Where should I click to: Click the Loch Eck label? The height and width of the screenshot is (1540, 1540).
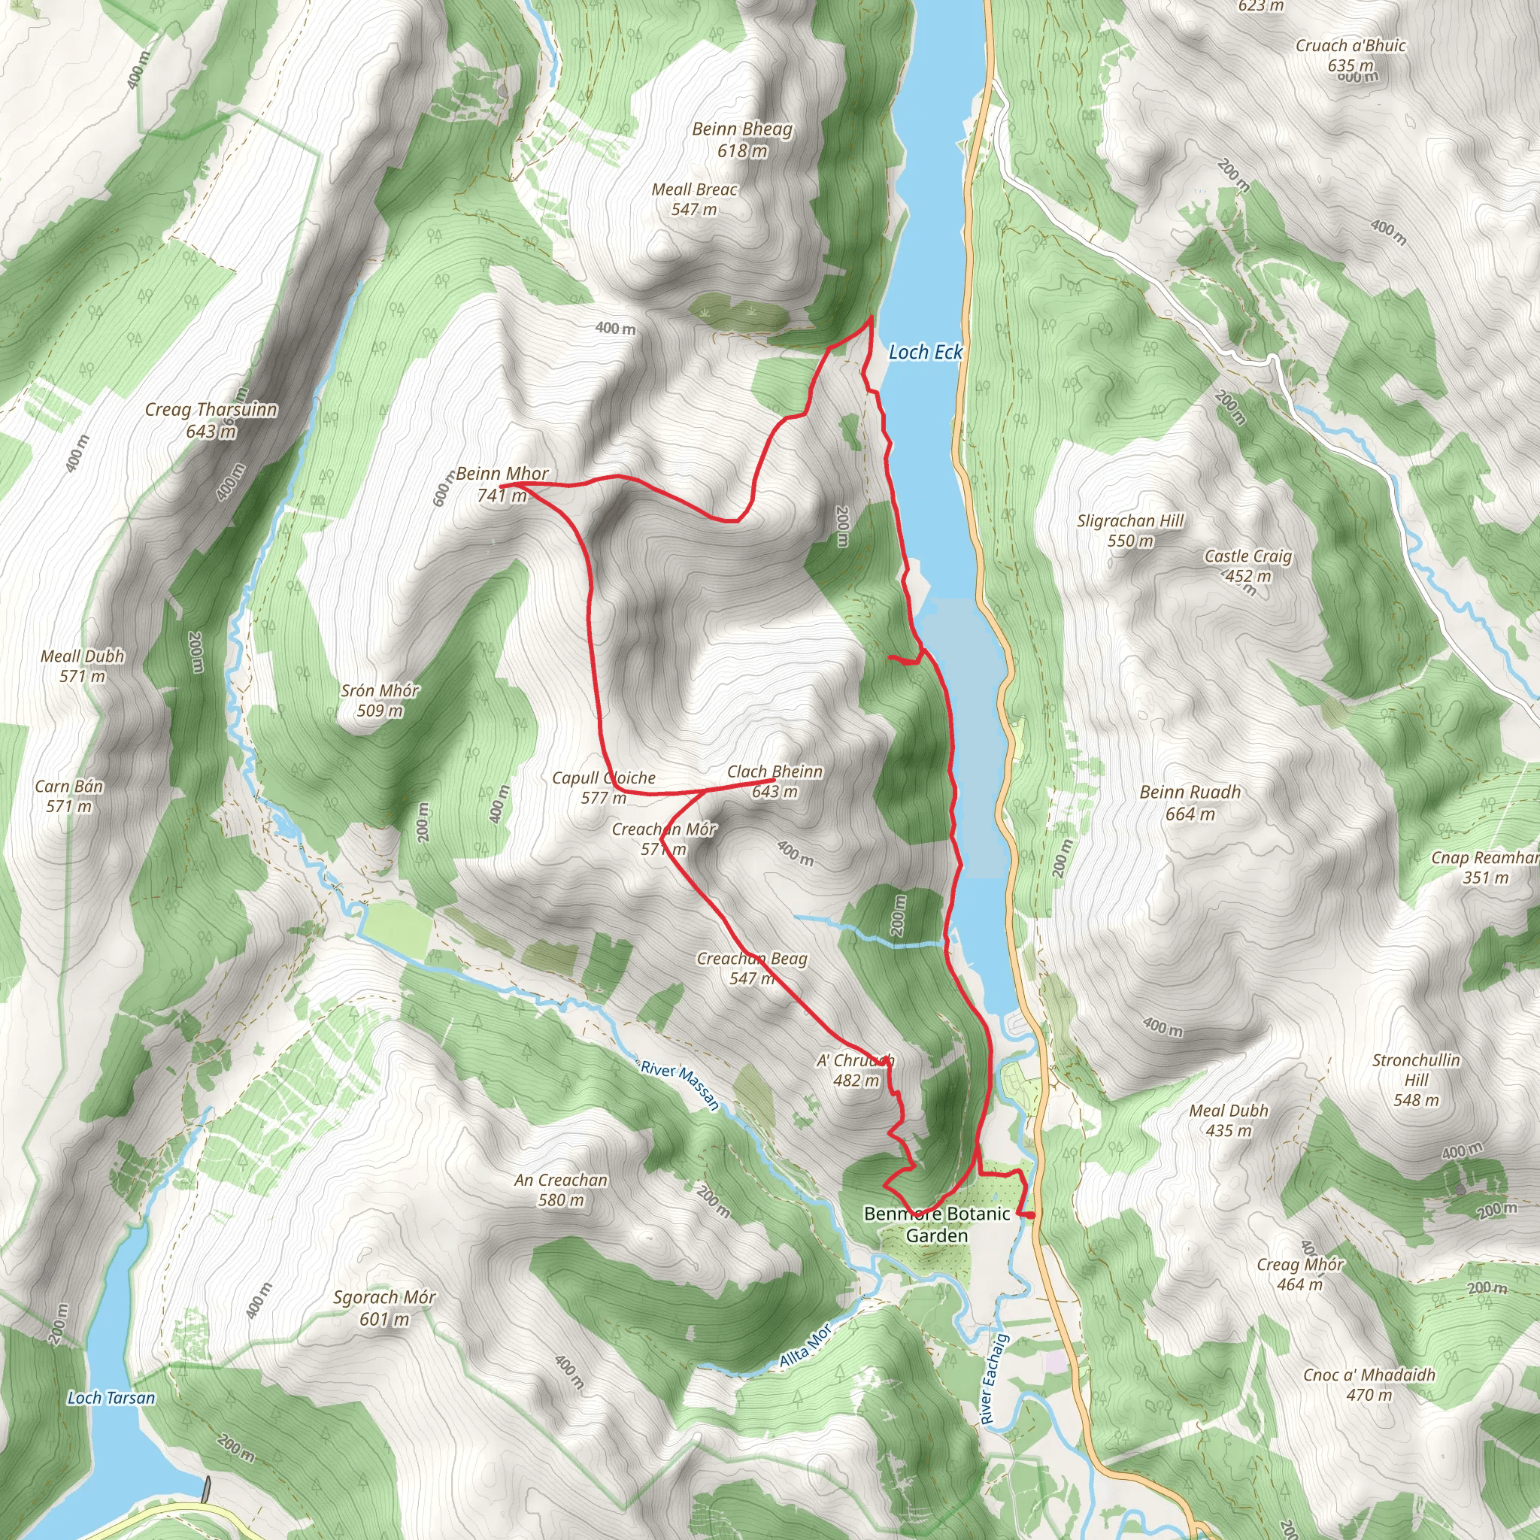pyautogui.click(x=925, y=351)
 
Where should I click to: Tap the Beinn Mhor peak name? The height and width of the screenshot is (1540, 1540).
pyautogui.click(x=502, y=474)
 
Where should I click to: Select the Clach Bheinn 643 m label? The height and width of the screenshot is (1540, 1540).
pyautogui.click(x=774, y=781)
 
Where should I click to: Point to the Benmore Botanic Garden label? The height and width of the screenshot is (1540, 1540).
pyautogui.click(x=937, y=1224)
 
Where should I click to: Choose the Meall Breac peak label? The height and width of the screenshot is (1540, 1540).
pyautogui.click(x=694, y=189)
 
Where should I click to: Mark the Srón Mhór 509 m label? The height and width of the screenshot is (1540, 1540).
pyautogui.click(x=380, y=700)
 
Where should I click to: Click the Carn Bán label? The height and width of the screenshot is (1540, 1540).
pyautogui.click(x=69, y=796)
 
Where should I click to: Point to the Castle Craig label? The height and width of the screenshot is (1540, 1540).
pyautogui.click(x=1248, y=556)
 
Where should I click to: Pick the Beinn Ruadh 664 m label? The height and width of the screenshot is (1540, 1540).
pyautogui.click(x=1190, y=802)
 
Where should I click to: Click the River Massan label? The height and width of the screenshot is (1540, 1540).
pyautogui.click(x=681, y=1085)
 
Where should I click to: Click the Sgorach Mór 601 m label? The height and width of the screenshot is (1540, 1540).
pyautogui.click(x=384, y=1307)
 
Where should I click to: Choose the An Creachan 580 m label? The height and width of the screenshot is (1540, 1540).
pyautogui.click(x=560, y=1190)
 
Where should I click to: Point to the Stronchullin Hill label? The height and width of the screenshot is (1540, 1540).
pyautogui.click(x=1416, y=1079)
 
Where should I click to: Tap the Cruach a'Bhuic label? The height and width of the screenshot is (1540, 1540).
pyautogui.click(x=1351, y=55)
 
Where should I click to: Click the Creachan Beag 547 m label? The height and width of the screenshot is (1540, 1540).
pyautogui.click(x=752, y=968)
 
